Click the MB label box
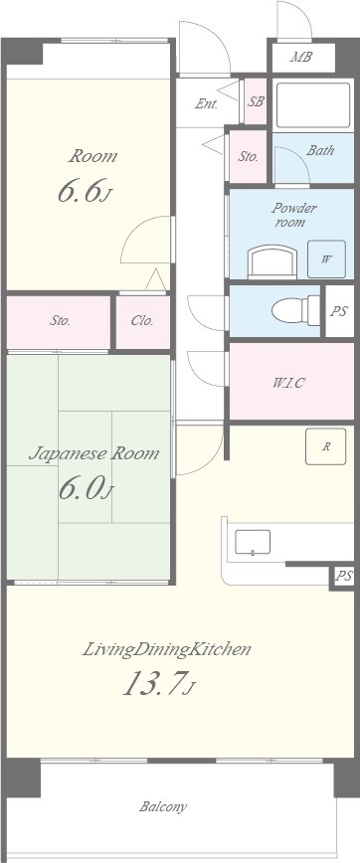pyautogui.click(x=300, y=58)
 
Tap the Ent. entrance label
pyautogui.click(x=207, y=103)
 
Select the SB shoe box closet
pyautogui.click(x=256, y=101)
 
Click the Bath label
pyautogui.click(x=319, y=151)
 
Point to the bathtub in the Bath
pyautogui.click(x=313, y=103)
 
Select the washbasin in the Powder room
pyautogui.click(x=271, y=262)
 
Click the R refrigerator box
pyautogui.click(x=325, y=446)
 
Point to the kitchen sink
pyautogui.click(x=253, y=543)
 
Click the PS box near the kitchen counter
pyautogui.click(x=343, y=577)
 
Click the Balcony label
pyautogui.click(x=162, y=806)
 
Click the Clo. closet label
pyautogui.click(x=141, y=321)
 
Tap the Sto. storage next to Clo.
pyautogui.click(x=60, y=321)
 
